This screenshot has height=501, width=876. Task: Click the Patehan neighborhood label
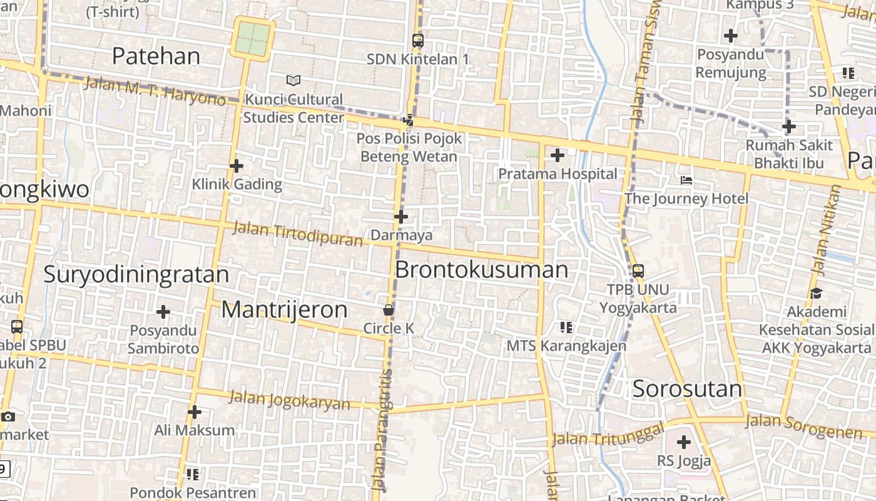(156, 56)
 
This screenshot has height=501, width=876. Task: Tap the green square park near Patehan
(253, 38)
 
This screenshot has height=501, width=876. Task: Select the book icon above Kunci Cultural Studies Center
(293, 80)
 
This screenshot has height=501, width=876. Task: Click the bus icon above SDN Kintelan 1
(418, 41)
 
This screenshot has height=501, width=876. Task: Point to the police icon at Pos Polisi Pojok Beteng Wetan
(409, 119)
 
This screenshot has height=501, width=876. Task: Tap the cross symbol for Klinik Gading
(236, 166)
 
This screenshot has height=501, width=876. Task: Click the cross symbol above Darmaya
(401, 217)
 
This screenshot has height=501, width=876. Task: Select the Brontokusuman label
(481, 270)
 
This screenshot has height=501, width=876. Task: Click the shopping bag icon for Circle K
(389, 310)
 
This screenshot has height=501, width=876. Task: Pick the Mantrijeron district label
(284, 309)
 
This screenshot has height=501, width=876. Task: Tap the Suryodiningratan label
(136, 275)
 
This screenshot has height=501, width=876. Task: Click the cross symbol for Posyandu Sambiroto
(163, 311)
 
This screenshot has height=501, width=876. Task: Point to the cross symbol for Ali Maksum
(195, 412)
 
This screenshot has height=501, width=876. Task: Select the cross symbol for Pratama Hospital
(557, 155)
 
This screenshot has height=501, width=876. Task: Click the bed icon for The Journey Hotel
(686, 180)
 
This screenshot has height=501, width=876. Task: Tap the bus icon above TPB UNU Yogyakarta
(638, 271)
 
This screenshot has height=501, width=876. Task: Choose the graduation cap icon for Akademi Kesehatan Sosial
(816, 293)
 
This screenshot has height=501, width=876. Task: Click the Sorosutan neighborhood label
(687, 389)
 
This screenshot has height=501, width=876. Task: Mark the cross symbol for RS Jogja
(684, 442)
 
